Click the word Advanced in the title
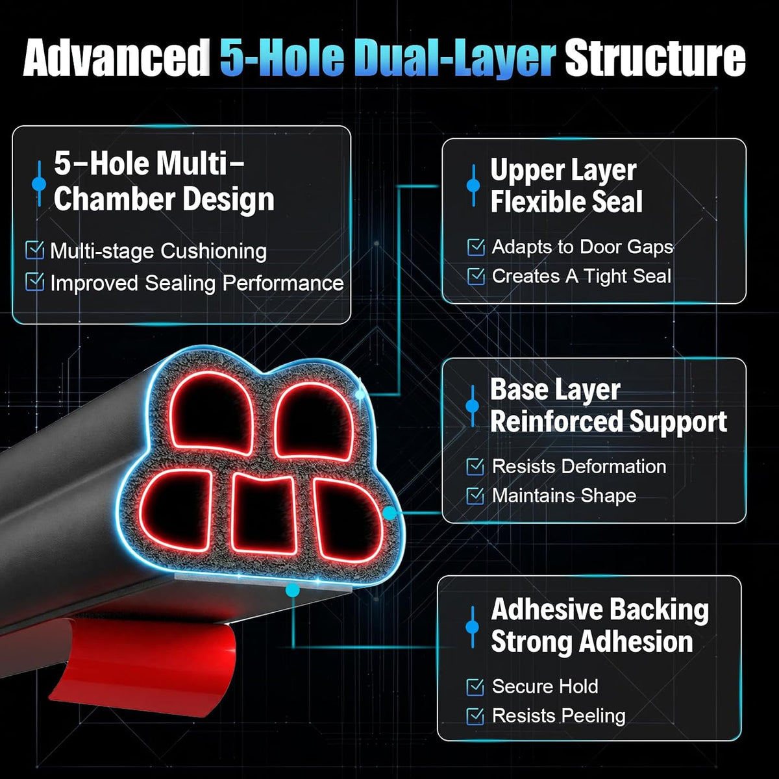coord(116,58)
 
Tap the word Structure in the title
coord(655,58)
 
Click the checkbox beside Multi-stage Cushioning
coord(35,250)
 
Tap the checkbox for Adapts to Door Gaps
coord(476,247)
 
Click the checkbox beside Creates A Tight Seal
coord(476,276)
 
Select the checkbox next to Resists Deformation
coord(475,467)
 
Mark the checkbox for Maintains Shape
coord(475,495)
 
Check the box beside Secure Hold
coord(475,687)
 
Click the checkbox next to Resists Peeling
coord(475,716)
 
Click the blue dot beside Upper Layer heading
coord(473,185)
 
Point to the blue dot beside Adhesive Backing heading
coord(472,627)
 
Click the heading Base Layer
coord(556,390)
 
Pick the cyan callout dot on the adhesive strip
coord(292,590)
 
